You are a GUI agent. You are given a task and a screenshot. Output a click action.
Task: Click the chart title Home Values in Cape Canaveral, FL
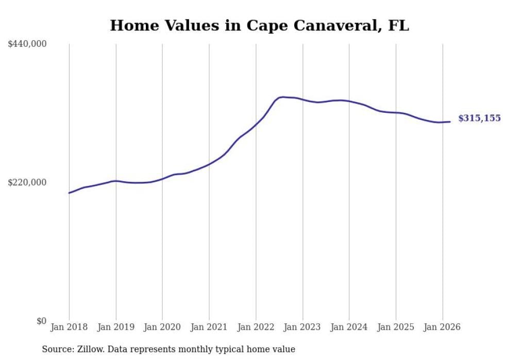click(259, 25)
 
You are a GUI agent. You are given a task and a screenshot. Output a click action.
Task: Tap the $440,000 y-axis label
click(27, 44)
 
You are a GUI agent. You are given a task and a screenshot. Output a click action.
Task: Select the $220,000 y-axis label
click(27, 182)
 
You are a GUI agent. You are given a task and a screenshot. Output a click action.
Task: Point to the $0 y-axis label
click(41, 321)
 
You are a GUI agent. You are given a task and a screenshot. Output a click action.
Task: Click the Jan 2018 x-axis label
click(69, 327)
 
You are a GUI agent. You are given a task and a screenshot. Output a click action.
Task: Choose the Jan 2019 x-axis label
click(116, 327)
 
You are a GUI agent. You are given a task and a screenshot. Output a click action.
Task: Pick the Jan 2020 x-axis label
click(162, 327)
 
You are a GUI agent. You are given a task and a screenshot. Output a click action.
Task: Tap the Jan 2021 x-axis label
click(209, 327)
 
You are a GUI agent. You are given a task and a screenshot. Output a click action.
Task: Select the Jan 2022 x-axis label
click(256, 327)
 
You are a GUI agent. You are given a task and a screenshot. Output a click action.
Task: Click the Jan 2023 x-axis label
click(302, 327)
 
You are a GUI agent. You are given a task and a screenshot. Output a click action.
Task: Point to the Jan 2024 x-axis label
click(349, 327)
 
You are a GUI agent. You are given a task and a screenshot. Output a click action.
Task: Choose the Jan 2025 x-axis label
click(396, 327)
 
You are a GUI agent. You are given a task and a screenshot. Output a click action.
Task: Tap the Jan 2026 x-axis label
click(442, 327)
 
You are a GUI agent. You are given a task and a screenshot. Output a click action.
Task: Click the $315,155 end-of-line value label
click(479, 118)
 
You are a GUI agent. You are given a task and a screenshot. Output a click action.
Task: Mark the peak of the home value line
click(282, 97)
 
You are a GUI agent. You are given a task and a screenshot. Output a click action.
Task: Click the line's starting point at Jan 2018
click(69, 193)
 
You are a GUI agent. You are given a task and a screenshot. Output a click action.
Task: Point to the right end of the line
click(450, 122)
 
